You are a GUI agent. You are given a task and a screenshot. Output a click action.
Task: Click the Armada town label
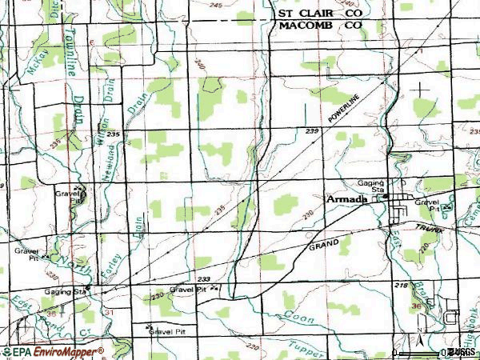pos(346,200)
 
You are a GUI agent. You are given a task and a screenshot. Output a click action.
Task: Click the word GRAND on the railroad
pos(323,242)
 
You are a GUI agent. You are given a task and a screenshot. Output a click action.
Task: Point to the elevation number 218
pos(400,286)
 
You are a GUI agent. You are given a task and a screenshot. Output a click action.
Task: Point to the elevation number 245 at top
pos(214,6)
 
